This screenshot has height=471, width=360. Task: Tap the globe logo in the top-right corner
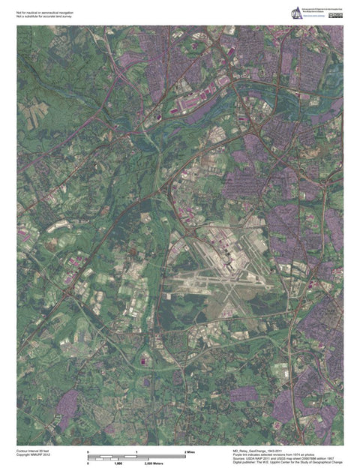pyautogui.click(x=297, y=12)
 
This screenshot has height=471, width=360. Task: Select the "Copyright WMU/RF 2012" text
pyautogui.click(x=34, y=455)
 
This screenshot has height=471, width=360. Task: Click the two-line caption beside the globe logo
pyautogui.click(x=318, y=10)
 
